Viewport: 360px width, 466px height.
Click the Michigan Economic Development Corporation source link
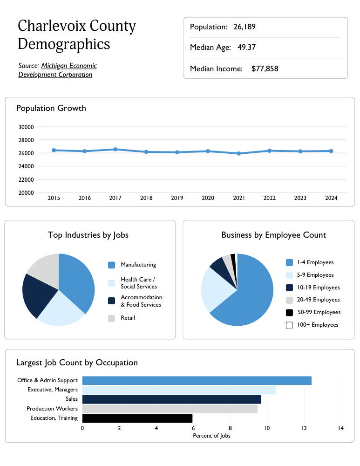[x=57, y=70]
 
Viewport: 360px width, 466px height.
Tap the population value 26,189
[x=245, y=27]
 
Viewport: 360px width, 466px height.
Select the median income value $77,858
[x=265, y=69]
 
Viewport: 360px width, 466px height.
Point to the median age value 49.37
[x=246, y=48]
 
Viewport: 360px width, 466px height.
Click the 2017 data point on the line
[x=115, y=149]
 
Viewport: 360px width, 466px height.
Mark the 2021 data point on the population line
[x=239, y=153]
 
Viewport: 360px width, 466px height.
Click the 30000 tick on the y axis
[x=26, y=127]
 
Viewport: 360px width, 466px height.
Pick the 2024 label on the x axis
[x=331, y=198]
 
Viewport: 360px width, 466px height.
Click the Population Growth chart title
[x=51, y=108]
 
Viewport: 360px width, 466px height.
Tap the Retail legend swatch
[x=111, y=318]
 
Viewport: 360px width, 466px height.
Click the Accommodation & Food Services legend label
[x=141, y=301]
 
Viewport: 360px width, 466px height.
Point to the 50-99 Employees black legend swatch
[x=289, y=313]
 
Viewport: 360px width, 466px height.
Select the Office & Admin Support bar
[x=197, y=381]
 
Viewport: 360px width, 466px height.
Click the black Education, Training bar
[x=137, y=418]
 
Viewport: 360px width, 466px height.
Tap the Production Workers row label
[x=52, y=409]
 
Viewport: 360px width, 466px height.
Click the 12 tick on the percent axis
[x=304, y=428]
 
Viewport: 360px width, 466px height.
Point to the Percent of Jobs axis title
[x=211, y=436]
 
